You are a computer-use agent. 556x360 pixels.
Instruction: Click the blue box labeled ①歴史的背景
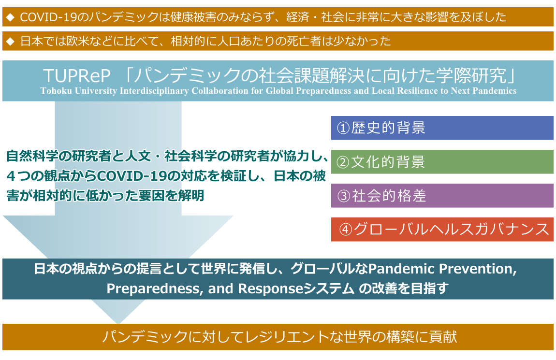click(442, 128)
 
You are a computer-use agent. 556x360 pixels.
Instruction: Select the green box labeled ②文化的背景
click(442, 161)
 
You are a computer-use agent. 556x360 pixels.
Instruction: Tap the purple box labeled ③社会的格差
click(442, 196)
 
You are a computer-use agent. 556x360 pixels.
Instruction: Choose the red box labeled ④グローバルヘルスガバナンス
click(442, 230)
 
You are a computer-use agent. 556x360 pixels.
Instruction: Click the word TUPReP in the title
click(77, 75)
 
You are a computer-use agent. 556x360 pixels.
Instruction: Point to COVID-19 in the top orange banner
click(48, 17)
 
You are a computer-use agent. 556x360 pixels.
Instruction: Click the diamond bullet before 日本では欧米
click(10, 42)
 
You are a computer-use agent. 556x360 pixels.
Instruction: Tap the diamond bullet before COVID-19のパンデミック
click(10, 17)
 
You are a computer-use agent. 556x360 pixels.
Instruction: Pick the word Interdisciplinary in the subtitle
click(154, 91)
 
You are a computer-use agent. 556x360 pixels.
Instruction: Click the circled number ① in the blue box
click(343, 128)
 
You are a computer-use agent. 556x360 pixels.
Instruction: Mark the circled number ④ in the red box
click(346, 230)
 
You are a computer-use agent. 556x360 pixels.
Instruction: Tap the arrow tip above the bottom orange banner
click(118, 323)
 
